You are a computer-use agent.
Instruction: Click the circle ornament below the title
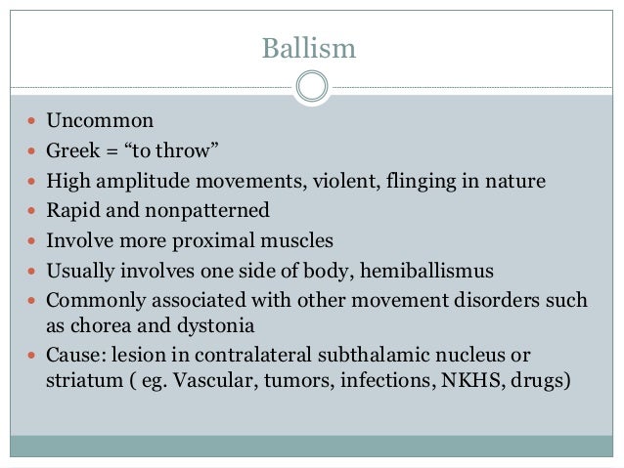tap(311, 87)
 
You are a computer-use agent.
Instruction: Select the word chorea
tap(99, 326)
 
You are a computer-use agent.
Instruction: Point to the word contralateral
tap(228, 357)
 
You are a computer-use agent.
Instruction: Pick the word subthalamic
tap(348, 357)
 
